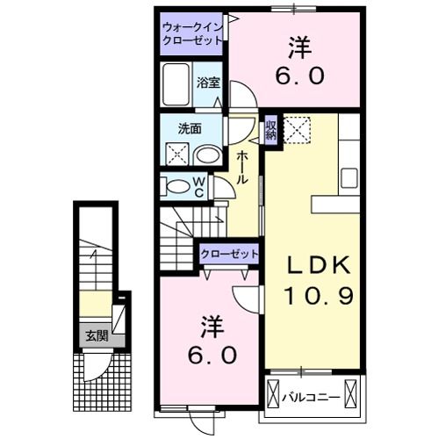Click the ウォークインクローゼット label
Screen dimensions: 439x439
point(191,34)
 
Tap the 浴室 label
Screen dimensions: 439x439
point(207,83)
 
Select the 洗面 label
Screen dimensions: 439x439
point(190,128)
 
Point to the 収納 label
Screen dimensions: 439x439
point(271,131)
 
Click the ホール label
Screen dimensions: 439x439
point(241,168)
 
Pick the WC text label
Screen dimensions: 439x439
point(199,186)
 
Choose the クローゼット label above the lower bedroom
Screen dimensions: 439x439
point(230,254)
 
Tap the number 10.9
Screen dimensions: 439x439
point(317,297)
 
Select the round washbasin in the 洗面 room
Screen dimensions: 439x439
point(207,155)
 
